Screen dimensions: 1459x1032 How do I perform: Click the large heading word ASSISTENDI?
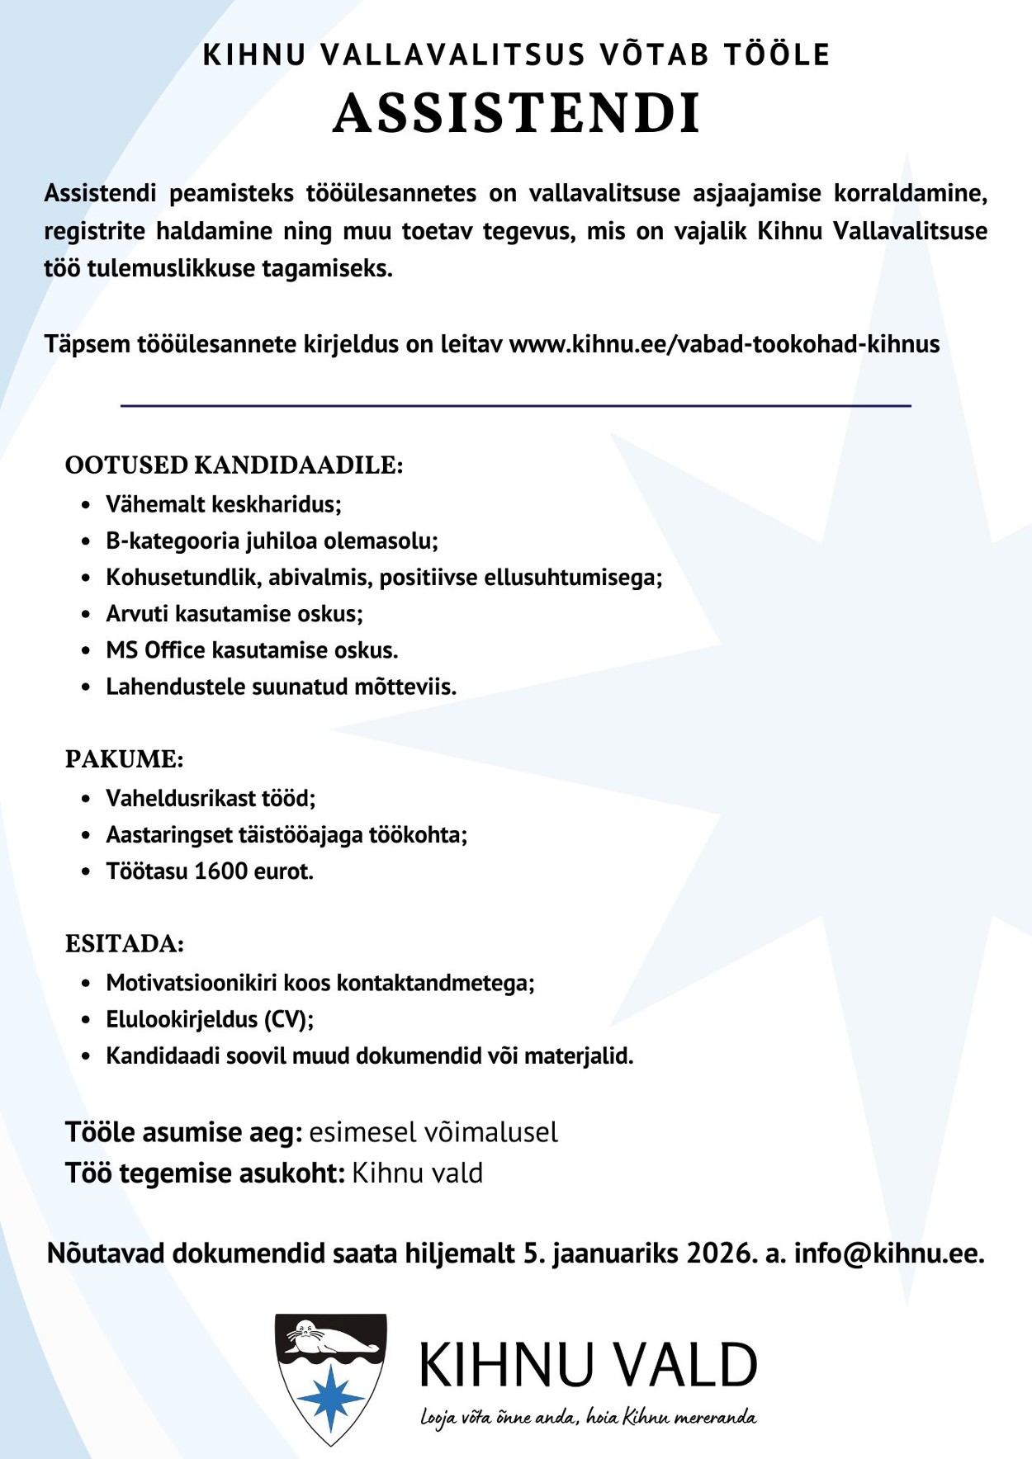[x=517, y=113]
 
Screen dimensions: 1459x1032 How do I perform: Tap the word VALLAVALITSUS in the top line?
[x=452, y=54]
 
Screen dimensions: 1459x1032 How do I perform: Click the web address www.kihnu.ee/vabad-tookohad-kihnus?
[x=724, y=344]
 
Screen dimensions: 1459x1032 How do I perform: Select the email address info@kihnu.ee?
[x=888, y=1254]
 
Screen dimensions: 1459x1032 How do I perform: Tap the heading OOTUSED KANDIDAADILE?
[x=234, y=465]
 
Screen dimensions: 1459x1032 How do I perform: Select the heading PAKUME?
[x=124, y=759]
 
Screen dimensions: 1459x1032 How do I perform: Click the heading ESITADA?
[x=124, y=944]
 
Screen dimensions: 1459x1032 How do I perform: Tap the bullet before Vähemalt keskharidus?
[x=86, y=505]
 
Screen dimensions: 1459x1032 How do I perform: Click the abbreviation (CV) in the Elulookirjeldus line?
[x=288, y=1020]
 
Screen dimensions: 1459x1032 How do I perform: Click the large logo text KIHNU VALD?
[x=588, y=1365]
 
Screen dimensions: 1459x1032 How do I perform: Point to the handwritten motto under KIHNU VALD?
[x=588, y=1418]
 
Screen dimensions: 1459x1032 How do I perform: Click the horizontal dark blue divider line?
[x=515, y=406]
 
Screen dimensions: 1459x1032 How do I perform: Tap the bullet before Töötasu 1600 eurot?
[x=86, y=872]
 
